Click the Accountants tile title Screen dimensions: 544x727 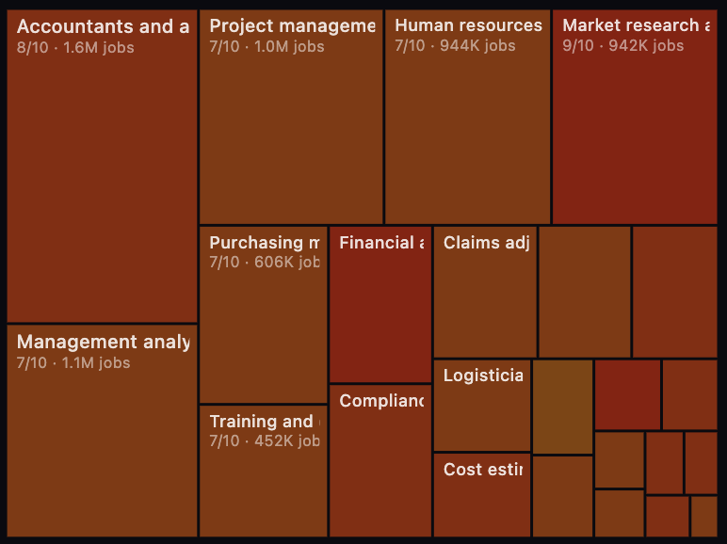tap(103, 26)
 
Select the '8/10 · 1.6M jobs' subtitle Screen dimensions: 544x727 tap(75, 47)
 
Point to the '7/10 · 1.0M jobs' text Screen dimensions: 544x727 tap(267, 47)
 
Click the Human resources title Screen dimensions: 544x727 tap(468, 25)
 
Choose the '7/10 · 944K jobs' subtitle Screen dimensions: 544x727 tap(455, 45)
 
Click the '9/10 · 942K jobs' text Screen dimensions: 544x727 tap(622, 45)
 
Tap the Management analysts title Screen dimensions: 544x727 tap(103, 342)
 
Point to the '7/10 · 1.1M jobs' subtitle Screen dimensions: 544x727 tap(73, 362)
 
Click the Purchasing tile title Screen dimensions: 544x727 tap(265, 243)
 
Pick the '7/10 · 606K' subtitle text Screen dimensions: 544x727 tap(265, 262)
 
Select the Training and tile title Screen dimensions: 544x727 tap(265, 421)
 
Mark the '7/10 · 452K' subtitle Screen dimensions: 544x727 tap(265, 440)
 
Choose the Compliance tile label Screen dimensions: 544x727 tap(380, 401)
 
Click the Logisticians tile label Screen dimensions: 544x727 tap(483, 376)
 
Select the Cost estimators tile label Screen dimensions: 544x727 tap(482, 469)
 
